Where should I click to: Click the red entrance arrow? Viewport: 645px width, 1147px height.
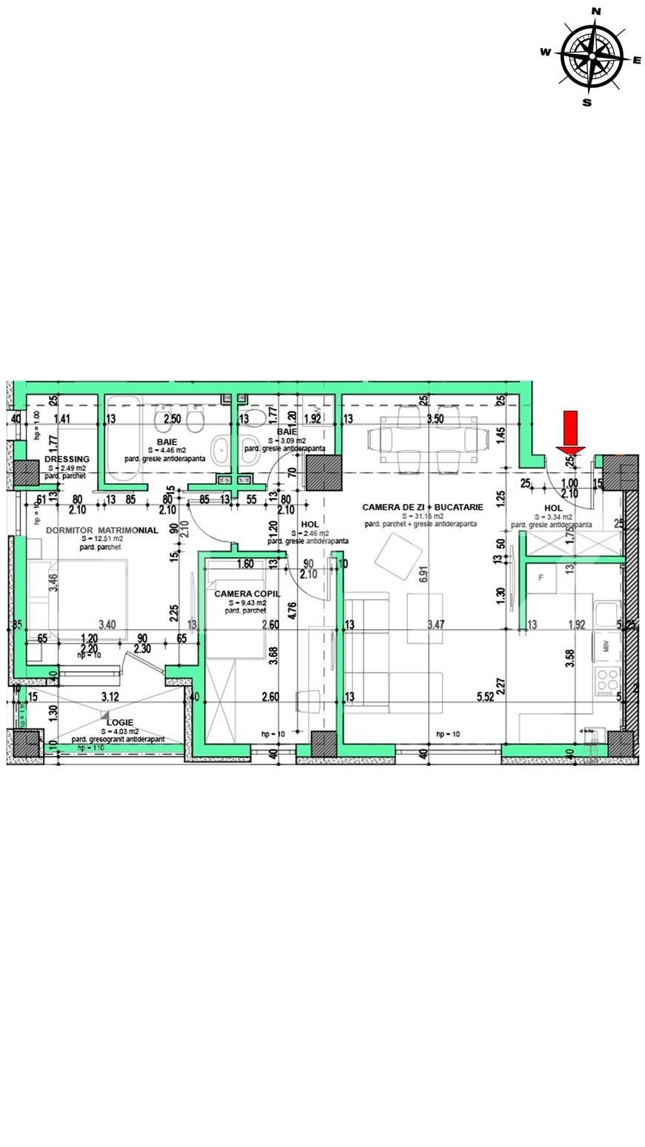(571, 432)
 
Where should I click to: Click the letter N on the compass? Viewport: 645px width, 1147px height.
(595, 10)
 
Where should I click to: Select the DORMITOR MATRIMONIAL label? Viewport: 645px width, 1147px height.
(101, 531)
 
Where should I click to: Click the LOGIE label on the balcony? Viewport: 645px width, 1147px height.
(119, 722)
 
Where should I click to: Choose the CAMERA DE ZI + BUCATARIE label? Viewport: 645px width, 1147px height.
(422, 507)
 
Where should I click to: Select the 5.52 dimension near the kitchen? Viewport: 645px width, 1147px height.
(485, 697)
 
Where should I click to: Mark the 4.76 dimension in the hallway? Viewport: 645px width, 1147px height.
(293, 610)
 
